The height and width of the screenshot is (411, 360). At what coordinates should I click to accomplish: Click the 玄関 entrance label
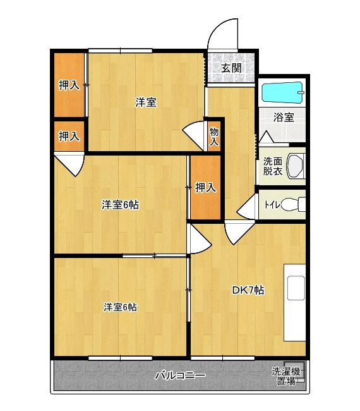click(x=231, y=68)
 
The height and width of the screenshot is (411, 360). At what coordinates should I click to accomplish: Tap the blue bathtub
click(x=283, y=92)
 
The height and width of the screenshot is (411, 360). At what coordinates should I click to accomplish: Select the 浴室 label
click(x=284, y=117)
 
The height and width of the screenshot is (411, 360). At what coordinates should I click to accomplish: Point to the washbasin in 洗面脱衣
click(x=296, y=166)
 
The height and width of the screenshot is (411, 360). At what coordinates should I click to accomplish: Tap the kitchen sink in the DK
click(x=296, y=288)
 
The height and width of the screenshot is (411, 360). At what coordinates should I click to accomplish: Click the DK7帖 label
click(x=248, y=290)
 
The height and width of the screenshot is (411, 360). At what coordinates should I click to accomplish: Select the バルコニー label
click(x=181, y=376)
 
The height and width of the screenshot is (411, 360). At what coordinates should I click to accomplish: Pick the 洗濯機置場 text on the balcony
click(x=286, y=376)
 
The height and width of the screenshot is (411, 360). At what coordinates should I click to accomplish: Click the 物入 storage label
click(x=214, y=137)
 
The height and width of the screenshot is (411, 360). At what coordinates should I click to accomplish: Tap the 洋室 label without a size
click(x=146, y=102)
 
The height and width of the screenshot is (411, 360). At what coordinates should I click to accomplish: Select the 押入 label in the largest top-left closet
click(x=69, y=85)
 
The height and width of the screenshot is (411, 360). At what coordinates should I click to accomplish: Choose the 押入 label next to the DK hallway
click(x=206, y=187)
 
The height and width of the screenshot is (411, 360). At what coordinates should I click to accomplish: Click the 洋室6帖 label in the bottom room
click(x=120, y=307)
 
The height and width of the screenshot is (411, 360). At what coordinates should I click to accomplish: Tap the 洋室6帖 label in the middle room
click(x=121, y=205)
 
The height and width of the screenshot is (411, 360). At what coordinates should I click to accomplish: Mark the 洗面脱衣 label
click(x=273, y=166)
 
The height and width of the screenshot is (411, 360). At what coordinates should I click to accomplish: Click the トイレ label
click(x=272, y=205)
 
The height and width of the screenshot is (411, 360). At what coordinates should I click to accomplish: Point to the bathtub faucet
click(x=301, y=92)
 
